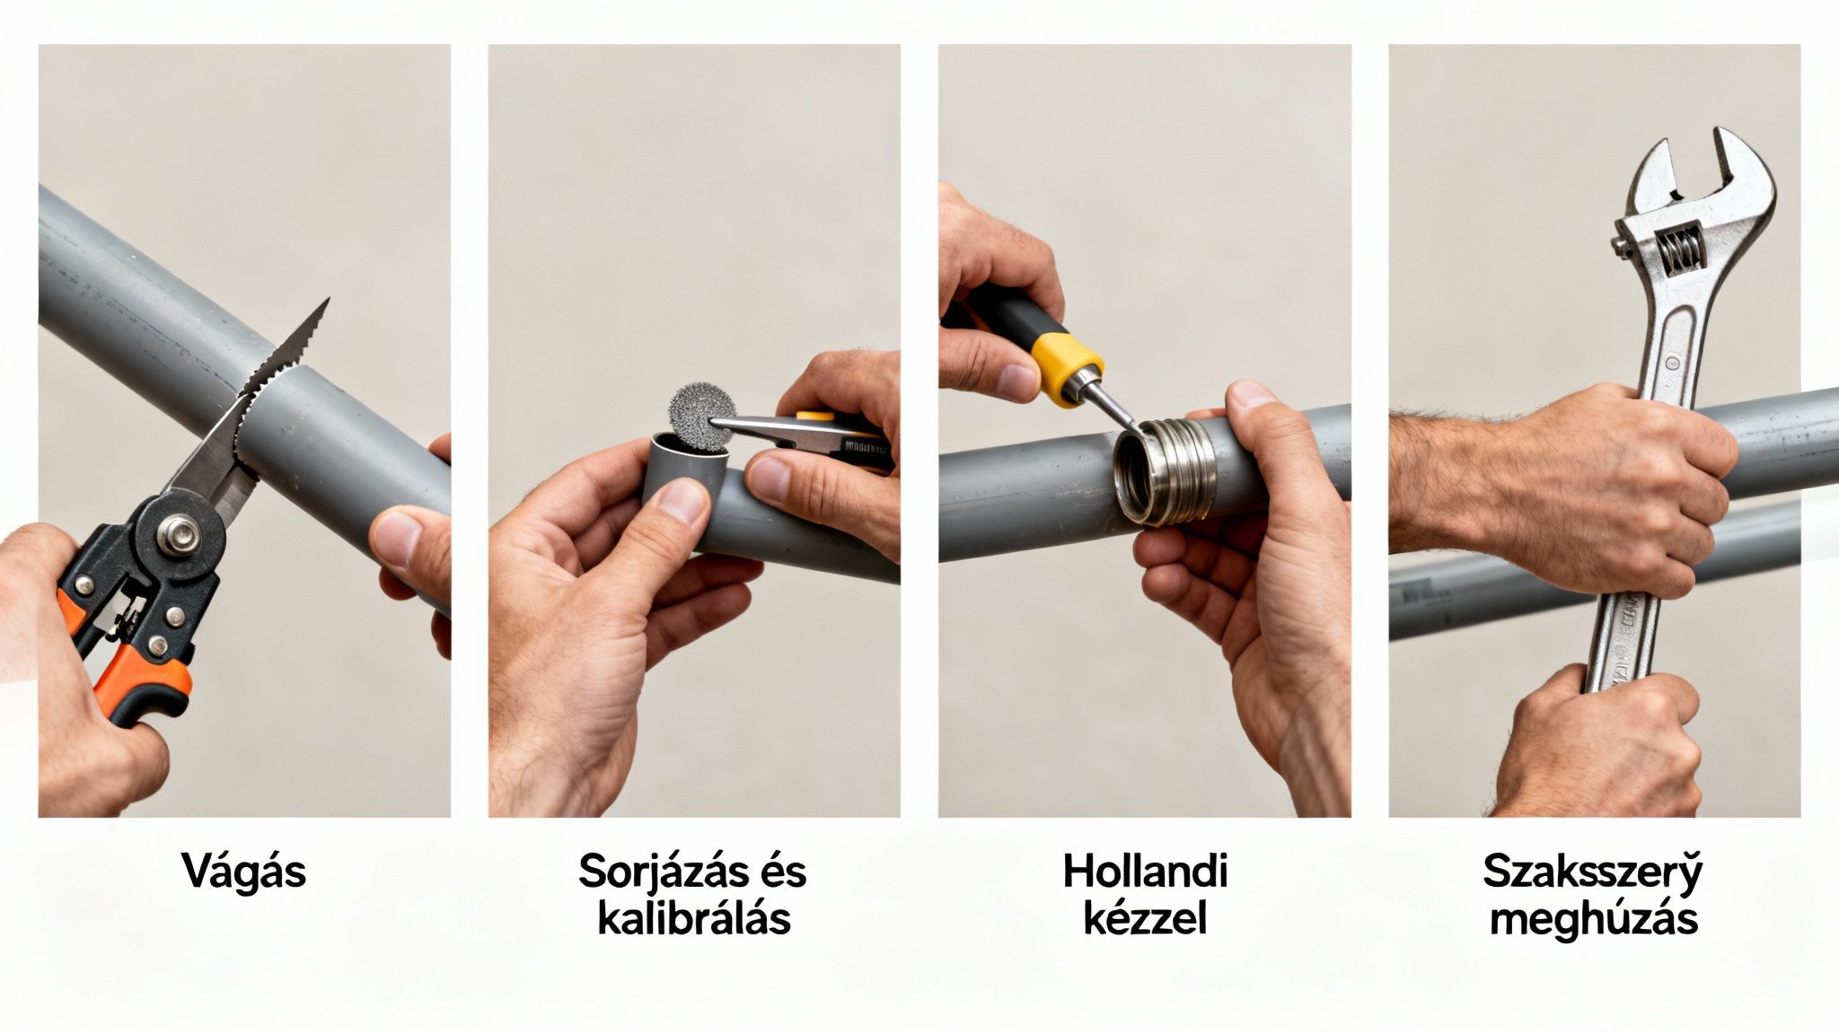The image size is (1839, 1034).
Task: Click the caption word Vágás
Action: (244, 872)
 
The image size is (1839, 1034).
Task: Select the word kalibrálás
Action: (693, 919)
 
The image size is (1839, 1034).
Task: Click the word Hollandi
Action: (1145, 872)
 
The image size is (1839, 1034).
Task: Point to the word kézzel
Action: (1145, 919)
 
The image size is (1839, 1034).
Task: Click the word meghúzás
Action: (1593, 919)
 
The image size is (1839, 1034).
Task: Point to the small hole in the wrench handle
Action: (1671, 363)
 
